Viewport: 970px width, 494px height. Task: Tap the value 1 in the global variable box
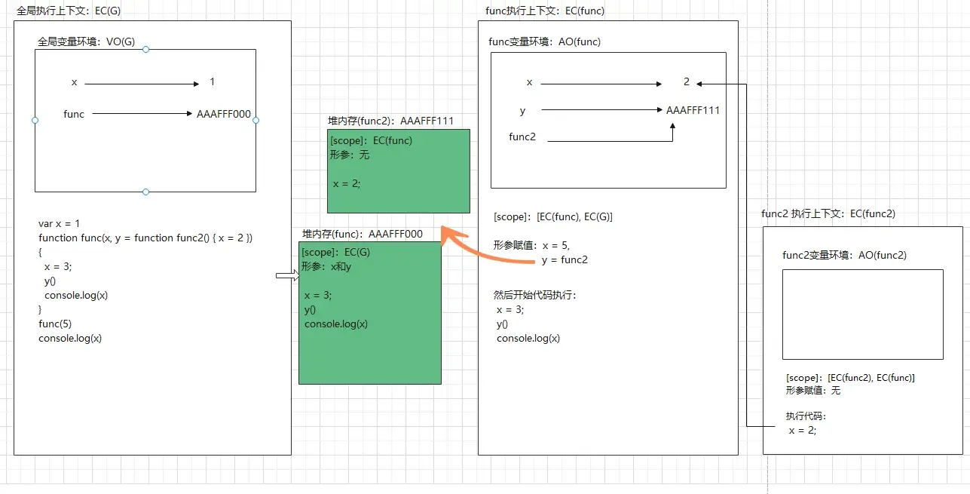point(213,82)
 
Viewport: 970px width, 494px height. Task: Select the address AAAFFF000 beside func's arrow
point(224,115)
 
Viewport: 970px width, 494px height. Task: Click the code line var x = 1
point(59,224)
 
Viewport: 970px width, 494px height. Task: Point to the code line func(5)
point(55,324)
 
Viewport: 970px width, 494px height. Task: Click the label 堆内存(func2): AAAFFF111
point(390,121)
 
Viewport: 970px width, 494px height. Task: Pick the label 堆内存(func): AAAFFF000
point(363,234)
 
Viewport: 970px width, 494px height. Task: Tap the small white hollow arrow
point(287,277)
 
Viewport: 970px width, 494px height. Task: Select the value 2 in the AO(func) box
point(687,82)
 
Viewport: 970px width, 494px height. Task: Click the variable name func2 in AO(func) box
point(523,137)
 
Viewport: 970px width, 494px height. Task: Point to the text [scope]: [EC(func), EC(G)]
point(553,217)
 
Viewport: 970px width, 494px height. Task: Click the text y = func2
point(565,260)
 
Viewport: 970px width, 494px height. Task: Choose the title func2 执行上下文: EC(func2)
point(828,214)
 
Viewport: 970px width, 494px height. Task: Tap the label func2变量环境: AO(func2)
point(844,256)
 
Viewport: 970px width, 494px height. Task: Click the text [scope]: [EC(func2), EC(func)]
point(850,378)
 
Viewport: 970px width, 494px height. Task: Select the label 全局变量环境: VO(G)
point(86,42)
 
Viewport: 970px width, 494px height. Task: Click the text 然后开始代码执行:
point(535,295)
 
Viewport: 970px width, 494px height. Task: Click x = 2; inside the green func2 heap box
point(347,183)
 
